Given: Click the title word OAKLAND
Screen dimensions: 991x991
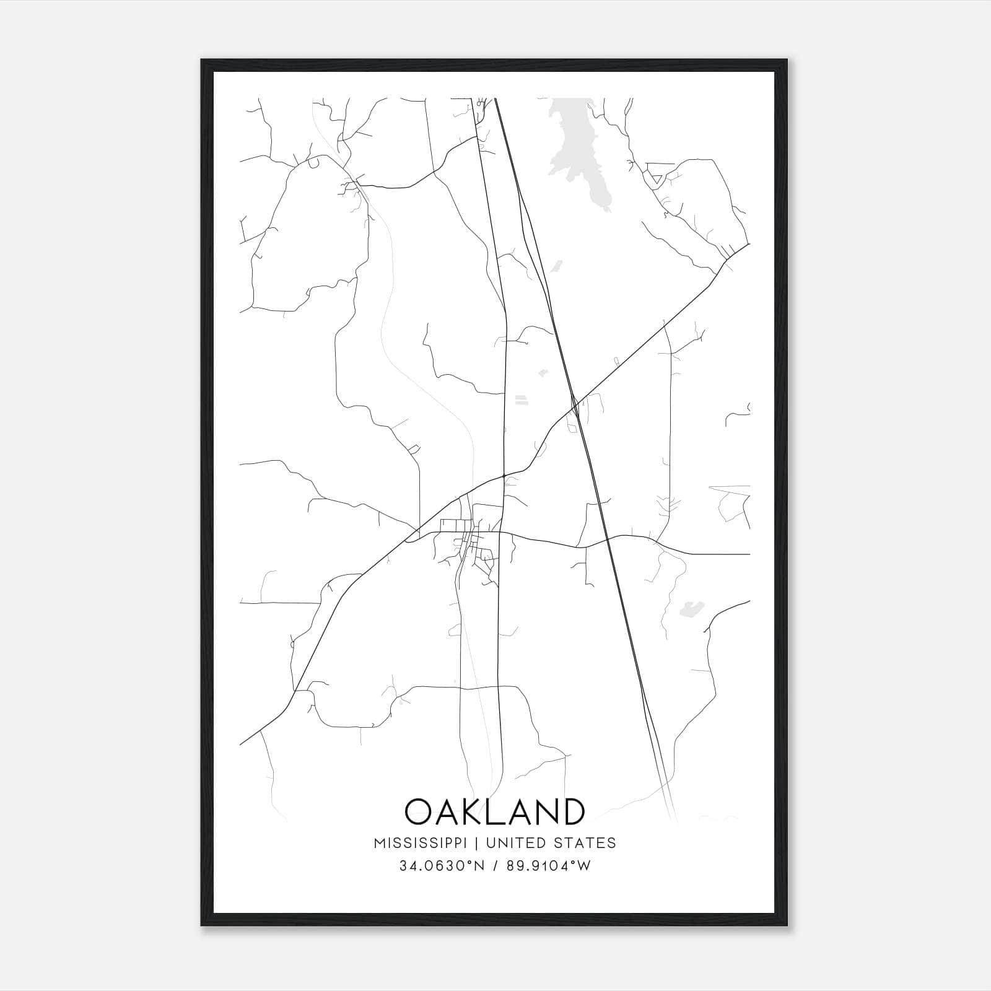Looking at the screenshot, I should point(494,811).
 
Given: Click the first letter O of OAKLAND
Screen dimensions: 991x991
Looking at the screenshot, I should point(419,811).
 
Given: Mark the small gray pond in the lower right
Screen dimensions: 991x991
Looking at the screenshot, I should point(689,609).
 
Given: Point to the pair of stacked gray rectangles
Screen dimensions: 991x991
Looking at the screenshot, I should point(522,399).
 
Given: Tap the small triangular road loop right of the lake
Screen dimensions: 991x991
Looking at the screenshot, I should point(655,180).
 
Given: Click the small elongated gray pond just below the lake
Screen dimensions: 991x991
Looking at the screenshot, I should point(556,266).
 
